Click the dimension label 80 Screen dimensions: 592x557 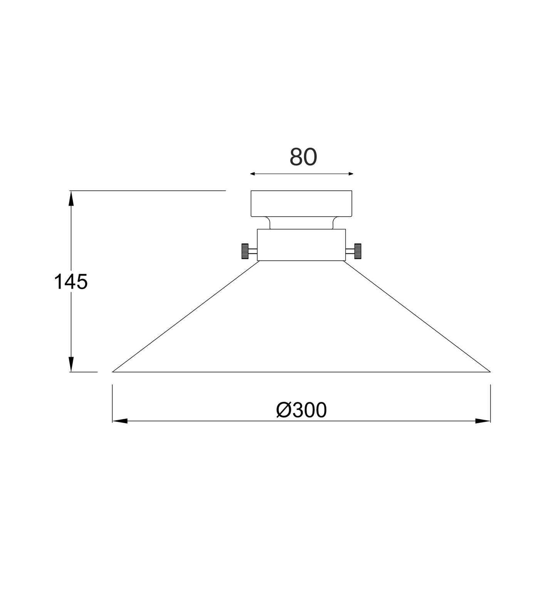point(303,157)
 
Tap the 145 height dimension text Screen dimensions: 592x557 point(71,282)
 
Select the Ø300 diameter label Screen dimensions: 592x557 point(301,410)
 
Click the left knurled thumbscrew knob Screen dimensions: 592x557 point(245,251)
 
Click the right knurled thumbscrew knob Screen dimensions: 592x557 point(358,251)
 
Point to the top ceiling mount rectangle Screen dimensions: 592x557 point(301,203)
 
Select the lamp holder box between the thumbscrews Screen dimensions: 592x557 point(301,245)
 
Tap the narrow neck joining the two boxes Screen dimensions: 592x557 point(301,223)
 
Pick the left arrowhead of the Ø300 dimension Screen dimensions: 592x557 point(119,421)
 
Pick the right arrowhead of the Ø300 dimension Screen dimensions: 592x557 point(483,421)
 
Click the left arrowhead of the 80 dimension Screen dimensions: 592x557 point(253,174)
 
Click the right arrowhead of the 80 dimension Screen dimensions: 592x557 point(350,174)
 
